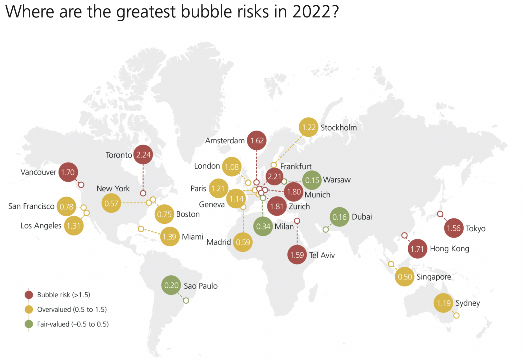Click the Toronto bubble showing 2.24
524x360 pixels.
pos(143,155)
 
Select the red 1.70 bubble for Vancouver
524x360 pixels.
pos(68,172)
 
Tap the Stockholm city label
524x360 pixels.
pos(339,127)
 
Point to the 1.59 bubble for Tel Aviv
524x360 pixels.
pos(297,255)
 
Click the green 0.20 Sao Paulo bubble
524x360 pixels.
pos(171,285)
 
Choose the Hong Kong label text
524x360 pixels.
pos(449,249)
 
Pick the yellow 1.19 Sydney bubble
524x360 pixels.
pos(443,303)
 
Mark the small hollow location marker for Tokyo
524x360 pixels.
pos(440,214)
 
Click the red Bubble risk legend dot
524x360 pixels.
pos(29,295)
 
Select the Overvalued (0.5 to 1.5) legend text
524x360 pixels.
pos(72,309)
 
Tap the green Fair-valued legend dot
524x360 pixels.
pos(29,324)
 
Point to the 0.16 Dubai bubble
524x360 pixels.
pos(339,217)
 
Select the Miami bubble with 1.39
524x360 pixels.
pos(169,237)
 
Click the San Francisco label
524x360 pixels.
pos(31,206)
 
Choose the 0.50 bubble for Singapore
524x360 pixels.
pos(405,277)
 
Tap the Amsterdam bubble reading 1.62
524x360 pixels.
pos(257,140)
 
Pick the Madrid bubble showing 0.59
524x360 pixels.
pos(243,242)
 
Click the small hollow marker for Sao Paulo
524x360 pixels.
pos(186,300)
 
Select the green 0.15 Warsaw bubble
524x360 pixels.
pos(312,180)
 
